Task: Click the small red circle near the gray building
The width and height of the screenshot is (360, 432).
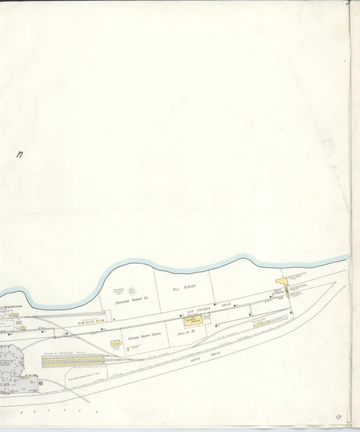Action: tap(40, 384)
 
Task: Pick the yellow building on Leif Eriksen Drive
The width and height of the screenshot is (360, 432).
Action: tap(192, 320)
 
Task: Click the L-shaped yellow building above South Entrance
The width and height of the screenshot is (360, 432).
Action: tap(281, 280)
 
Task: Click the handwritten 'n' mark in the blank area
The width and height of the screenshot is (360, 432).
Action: tap(20, 155)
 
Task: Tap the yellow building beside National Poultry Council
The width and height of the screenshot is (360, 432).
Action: tap(115, 343)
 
